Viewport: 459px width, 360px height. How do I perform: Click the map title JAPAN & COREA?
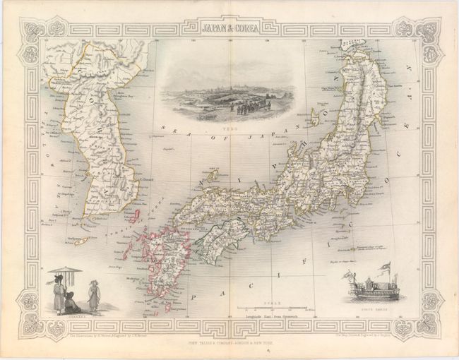pyautogui.click(x=229, y=29)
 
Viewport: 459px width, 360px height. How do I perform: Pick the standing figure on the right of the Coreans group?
pyautogui.click(x=93, y=295)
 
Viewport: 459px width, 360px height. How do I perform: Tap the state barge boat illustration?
pyautogui.click(x=367, y=292)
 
